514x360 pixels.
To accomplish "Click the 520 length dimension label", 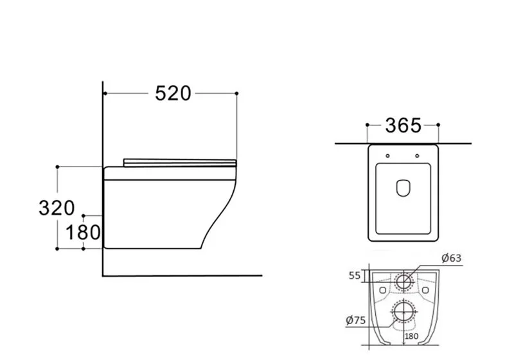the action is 173,93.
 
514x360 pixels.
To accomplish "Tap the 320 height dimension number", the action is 57,208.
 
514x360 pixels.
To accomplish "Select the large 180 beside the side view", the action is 83,233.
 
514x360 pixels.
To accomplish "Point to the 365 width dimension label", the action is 403,125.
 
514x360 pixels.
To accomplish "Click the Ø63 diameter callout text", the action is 452,258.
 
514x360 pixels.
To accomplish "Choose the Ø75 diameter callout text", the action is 356,320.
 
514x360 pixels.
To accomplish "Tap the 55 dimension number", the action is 355,276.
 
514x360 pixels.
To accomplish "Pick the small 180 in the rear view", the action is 411,336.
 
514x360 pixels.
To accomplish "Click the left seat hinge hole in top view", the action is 388,156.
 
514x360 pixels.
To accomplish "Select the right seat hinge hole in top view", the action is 417,156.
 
